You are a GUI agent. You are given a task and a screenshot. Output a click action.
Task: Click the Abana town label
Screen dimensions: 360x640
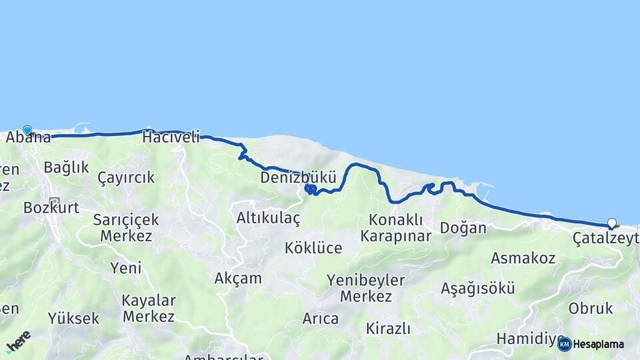pyautogui.click(x=29, y=139)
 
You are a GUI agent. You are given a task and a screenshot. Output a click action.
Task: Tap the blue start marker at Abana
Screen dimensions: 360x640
pyautogui.click(x=27, y=130)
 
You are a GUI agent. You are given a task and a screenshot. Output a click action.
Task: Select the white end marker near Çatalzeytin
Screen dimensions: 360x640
pyautogui.click(x=612, y=223)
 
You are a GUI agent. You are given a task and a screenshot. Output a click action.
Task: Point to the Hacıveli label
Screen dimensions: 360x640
pyautogui.click(x=171, y=138)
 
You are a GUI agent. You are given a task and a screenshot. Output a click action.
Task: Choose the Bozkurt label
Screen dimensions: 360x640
pyautogui.click(x=51, y=207)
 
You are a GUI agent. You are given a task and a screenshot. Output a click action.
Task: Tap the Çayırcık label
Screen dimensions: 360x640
pyautogui.click(x=126, y=178)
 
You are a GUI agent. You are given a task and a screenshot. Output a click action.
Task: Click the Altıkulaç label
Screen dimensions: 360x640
pyautogui.click(x=269, y=218)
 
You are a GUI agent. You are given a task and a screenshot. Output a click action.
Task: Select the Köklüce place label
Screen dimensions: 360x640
pyautogui.click(x=313, y=248)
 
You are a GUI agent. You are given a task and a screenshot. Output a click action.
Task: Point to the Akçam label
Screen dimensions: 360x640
pyautogui.click(x=238, y=279)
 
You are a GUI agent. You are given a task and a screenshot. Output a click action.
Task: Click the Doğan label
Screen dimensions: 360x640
pyautogui.click(x=463, y=228)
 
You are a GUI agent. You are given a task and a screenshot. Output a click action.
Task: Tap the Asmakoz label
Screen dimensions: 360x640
pyautogui.click(x=523, y=258)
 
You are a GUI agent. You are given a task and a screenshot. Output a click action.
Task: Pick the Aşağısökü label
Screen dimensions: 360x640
pyautogui.click(x=478, y=289)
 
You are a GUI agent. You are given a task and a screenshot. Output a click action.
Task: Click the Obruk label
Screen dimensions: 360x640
pyautogui.click(x=591, y=309)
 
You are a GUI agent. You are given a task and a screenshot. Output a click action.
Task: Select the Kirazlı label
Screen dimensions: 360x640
pyautogui.click(x=388, y=329)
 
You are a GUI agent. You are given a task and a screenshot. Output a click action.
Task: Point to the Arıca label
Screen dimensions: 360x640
pyautogui.click(x=321, y=319)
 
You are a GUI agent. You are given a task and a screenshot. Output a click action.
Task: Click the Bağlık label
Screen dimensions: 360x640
pyautogui.click(x=66, y=167)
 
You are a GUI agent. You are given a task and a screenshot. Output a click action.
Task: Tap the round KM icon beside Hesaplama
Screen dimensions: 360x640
pyautogui.click(x=565, y=344)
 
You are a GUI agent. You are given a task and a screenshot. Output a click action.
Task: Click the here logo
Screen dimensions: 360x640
pyautogui.click(x=19, y=341)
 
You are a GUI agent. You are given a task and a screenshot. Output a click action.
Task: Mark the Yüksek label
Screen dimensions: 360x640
pyautogui.click(x=73, y=319)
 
